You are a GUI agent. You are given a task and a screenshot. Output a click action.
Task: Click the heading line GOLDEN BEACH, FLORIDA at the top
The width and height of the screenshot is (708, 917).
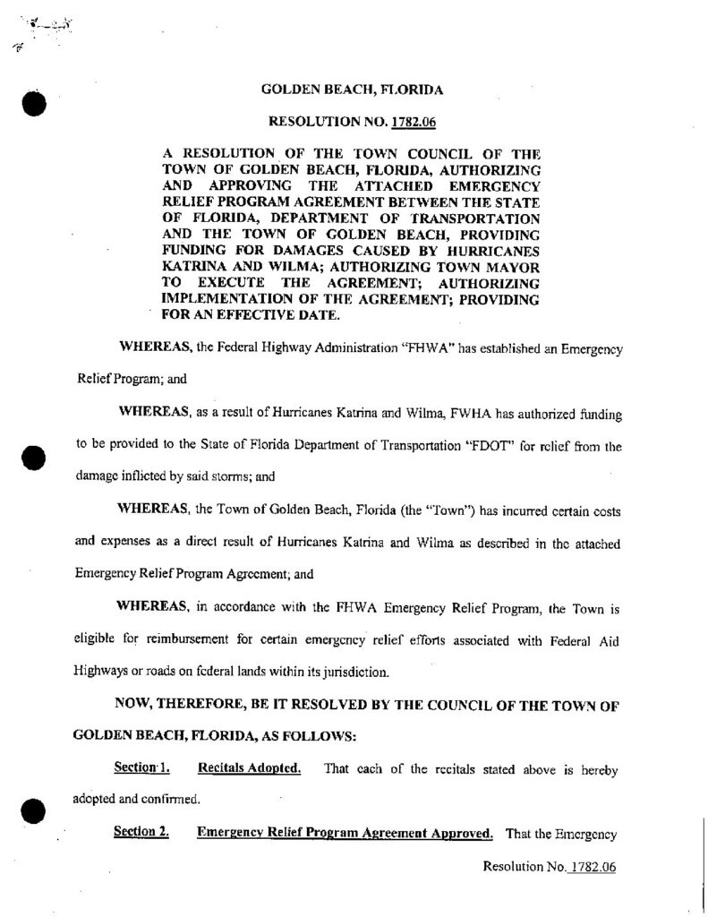[x=352, y=90]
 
